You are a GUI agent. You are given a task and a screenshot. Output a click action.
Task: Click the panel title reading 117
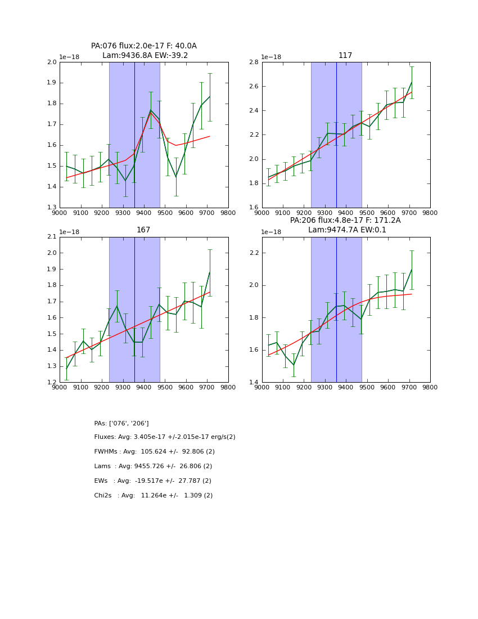(345, 56)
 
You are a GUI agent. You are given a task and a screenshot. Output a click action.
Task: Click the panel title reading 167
(143, 230)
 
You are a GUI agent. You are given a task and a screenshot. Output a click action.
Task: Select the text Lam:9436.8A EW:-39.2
(145, 56)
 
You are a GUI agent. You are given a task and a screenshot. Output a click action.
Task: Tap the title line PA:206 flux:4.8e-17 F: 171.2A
(345, 221)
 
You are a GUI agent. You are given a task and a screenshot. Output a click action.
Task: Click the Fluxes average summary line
(165, 437)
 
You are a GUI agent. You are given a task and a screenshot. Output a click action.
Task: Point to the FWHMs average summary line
(155, 452)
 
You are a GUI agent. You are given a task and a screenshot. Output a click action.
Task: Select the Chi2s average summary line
(154, 496)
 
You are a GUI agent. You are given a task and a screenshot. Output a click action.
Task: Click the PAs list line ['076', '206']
(121, 423)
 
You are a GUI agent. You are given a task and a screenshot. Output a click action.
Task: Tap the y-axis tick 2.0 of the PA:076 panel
(52, 62)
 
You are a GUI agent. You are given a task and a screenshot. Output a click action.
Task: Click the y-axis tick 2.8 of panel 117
(254, 62)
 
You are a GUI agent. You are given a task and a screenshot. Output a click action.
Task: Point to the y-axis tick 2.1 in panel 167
(52, 237)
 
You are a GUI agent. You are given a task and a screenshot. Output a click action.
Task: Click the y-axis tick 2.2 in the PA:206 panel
(254, 253)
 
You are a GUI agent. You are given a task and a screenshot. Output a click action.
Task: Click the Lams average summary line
(153, 467)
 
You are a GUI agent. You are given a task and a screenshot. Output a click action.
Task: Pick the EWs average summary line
(153, 481)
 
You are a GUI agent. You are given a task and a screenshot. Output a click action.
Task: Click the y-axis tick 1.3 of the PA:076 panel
(52, 208)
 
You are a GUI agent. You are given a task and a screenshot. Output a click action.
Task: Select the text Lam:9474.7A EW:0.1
(345, 230)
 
